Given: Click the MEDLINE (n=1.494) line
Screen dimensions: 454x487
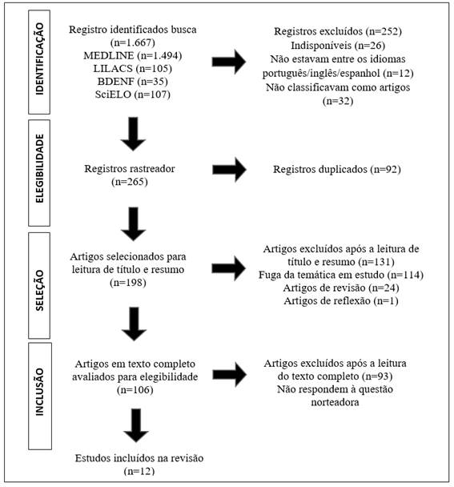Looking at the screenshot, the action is tap(133, 55).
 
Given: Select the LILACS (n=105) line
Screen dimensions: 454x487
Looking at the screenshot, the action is tap(133, 68).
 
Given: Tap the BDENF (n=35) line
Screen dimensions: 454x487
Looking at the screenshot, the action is tap(133, 82).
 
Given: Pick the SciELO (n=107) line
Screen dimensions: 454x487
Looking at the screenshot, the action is tap(133, 94).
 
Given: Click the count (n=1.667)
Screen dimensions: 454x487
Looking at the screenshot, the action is tap(133, 42).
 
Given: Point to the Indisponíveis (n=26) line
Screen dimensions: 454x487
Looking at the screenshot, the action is tap(338, 46).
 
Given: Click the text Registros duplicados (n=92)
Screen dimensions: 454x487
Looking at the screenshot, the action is tap(337, 169).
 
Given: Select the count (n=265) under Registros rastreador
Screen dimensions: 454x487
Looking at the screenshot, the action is tap(130, 182).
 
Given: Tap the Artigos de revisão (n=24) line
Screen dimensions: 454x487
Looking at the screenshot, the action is tap(341, 288).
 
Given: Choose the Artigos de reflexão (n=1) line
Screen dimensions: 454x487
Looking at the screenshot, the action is tap(341, 301).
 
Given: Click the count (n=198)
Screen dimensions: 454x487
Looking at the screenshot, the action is tap(128, 283).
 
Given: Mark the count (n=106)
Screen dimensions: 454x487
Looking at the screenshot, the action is tap(135, 390).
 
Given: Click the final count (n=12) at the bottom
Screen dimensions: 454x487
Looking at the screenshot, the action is tap(139, 471).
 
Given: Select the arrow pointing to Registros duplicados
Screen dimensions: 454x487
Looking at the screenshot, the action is tap(229, 170).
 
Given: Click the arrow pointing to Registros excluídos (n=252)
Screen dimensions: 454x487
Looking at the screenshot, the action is tap(229, 62).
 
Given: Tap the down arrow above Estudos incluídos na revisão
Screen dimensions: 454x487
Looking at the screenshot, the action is tap(136, 425).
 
